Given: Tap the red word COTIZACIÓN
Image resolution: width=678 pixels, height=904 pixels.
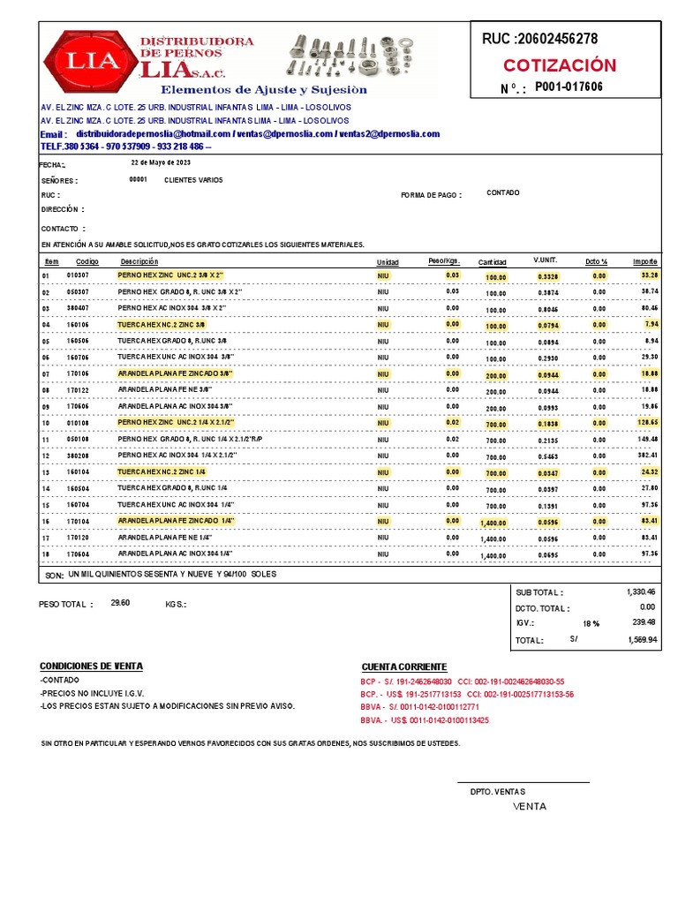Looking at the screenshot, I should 560,66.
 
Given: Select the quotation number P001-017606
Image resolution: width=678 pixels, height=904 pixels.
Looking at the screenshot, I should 569,87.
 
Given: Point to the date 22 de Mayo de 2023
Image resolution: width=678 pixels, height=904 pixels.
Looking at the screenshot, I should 161,163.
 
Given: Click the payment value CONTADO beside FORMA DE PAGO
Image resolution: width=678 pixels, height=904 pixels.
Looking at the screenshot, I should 503,192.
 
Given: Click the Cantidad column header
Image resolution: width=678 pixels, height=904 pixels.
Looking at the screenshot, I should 492,262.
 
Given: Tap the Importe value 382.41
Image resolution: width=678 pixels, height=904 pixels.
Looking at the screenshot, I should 647,455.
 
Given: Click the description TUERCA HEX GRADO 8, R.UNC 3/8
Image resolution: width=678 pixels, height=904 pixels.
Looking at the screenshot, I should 172,341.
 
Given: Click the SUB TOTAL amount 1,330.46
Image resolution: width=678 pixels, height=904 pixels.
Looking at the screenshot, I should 642,591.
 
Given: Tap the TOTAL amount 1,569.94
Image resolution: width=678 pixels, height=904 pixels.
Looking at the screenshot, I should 642,639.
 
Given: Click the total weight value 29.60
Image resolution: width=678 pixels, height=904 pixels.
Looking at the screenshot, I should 120,604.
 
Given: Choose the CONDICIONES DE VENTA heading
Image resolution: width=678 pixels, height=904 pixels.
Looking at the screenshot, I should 91,666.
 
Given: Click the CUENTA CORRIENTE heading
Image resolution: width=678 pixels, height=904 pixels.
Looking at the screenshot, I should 404,667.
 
